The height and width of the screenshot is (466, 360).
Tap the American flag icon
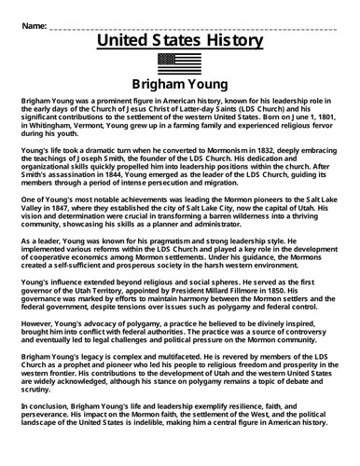[180, 61]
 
